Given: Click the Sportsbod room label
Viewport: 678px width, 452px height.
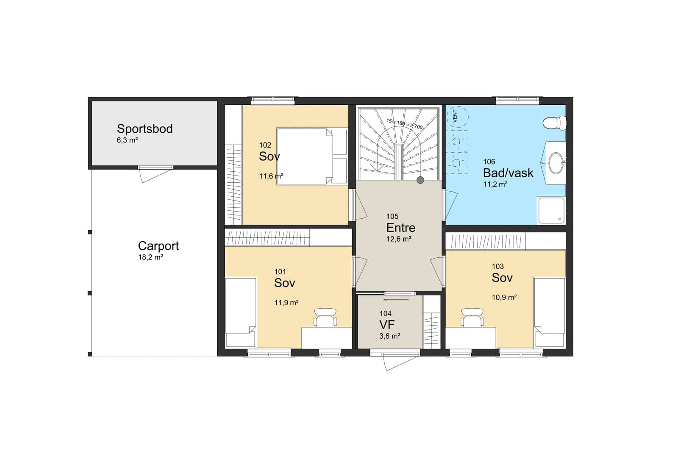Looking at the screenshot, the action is click(144, 129).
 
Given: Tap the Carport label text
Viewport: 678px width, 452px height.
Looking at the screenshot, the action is click(158, 246).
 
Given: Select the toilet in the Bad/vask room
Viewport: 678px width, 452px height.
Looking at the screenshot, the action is click(554, 123).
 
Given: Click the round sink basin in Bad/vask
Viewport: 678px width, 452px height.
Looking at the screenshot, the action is click(556, 163).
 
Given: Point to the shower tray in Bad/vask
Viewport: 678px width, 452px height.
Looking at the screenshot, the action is click(551, 211).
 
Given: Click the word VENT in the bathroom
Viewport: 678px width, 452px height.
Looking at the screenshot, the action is click(455, 116).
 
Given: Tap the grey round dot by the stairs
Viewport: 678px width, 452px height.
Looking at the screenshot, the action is click(420, 180).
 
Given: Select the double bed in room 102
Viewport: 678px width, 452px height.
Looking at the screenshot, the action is click(312, 156).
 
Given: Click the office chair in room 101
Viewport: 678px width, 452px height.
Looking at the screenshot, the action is click(325, 318).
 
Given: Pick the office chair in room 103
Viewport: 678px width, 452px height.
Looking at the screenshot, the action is click(472, 318).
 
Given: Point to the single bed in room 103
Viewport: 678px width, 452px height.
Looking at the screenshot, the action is click(549, 312).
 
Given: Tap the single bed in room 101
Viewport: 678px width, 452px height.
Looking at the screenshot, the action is click(241, 312).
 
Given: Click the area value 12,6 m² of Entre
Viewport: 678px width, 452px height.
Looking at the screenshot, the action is click(399, 239).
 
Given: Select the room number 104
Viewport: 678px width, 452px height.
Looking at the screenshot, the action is click(385, 313).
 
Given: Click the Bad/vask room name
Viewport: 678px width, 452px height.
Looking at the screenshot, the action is click(508, 173).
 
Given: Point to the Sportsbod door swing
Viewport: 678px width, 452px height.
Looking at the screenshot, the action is click(154, 175).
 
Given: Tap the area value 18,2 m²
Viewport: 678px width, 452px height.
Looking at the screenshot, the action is click(150, 257).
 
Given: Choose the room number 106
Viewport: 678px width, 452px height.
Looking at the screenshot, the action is click(489, 162).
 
